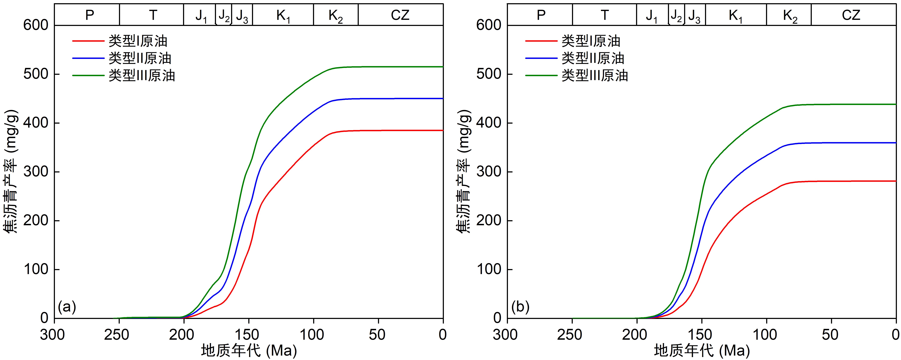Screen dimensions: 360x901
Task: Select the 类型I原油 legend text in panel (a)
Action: pyautogui.click(x=138, y=41)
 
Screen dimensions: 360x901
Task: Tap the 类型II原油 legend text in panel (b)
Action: pyautogui.click(x=593, y=58)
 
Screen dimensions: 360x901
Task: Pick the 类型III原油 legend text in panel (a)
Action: pyautogui.click(x=142, y=76)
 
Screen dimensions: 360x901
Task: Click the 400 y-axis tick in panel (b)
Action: pyautogui.click(x=489, y=123)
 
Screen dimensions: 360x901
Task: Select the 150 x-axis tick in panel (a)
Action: pyautogui.click(x=249, y=335)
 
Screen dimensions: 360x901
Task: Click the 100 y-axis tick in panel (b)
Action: pyautogui.click(x=489, y=269)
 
